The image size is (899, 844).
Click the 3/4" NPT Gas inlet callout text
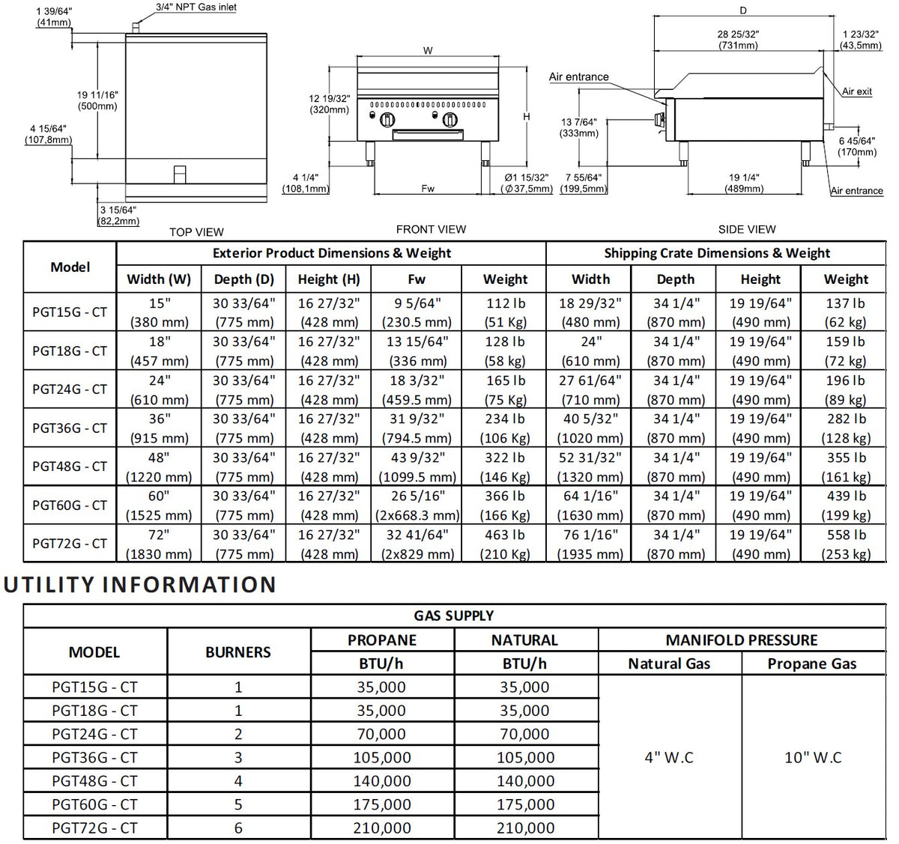(x=196, y=7)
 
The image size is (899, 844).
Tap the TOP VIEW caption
(x=196, y=232)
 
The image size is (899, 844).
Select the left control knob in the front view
(x=387, y=120)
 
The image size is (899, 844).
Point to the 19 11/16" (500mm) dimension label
(x=97, y=100)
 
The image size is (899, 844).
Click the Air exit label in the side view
(x=857, y=91)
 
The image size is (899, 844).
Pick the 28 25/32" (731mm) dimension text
(x=738, y=40)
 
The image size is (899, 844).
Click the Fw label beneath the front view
(x=428, y=188)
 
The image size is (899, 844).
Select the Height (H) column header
(x=329, y=279)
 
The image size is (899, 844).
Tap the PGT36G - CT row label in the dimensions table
(x=70, y=428)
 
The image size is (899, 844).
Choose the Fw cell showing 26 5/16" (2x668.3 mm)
(x=417, y=506)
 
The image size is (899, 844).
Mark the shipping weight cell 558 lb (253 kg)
(x=846, y=544)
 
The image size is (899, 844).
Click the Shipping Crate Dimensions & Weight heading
(x=717, y=253)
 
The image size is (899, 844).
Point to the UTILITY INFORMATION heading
(x=140, y=584)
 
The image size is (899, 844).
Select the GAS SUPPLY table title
(x=453, y=616)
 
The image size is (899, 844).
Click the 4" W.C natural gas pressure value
(x=669, y=758)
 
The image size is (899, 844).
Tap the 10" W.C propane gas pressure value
(x=813, y=758)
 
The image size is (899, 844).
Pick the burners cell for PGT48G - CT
(x=238, y=781)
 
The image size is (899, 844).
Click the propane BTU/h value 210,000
(x=382, y=828)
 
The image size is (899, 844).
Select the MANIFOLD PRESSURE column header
(x=742, y=640)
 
